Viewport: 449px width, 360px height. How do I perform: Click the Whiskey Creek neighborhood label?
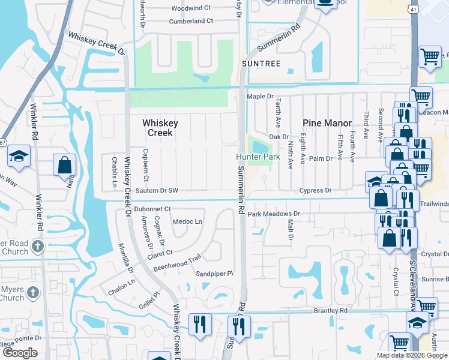pyautogui.click(x=160, y=127)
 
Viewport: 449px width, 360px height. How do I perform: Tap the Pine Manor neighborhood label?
pyautogui.click(x=327, y=123)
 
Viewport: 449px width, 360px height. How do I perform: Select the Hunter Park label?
pyautogui.click(x=258, y=157)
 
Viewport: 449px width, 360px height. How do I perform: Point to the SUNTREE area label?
pyautogui.click(x=261, y=63)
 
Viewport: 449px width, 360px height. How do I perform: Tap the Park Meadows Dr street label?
pyautogui.click(x=273, y=214)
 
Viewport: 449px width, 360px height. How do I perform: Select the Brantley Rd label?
pyautogui.click(x=331, y=310)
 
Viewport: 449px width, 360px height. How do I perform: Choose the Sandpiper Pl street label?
pyautogui.click(x=214, y=274)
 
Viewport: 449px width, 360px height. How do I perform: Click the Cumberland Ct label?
pyautogui.click(x=192, y=21)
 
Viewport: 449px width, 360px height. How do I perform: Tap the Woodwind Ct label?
pyautogui.click(x=191, y=8)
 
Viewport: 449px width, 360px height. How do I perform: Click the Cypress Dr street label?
pyautogui.click(x=316, y=190)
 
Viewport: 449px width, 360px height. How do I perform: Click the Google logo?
pyautogui.click(x=20, y=353)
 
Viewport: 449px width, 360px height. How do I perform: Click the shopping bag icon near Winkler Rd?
pyautogui.click(x=64, y=164)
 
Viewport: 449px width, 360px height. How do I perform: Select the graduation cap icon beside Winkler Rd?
pyautogui.click(x=19, y=157)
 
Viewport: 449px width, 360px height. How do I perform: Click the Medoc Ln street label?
pyautogui.click(x=188, y=221)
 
